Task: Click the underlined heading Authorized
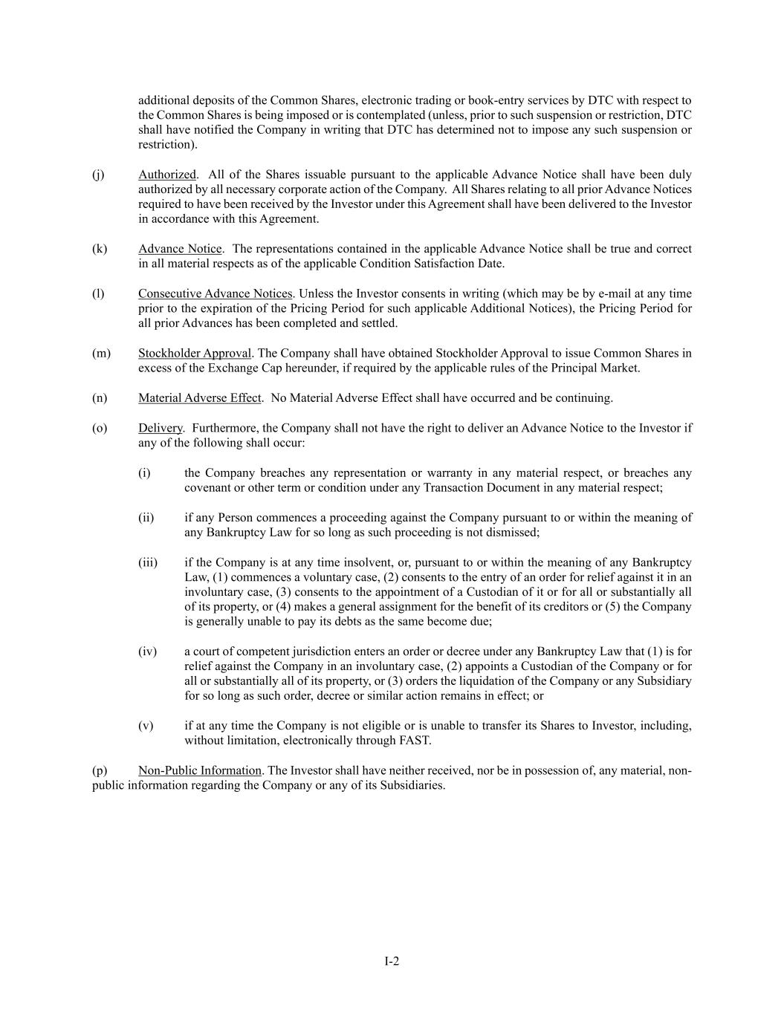tap(167, 175)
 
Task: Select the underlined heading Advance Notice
tap(180, 249)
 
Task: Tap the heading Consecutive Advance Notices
tap(215, 293)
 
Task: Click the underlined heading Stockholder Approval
tap(195, 353)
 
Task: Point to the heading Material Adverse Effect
tap(199, 397)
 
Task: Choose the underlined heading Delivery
tap(160, 428)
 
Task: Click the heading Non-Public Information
tap(199, 770)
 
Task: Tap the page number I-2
tap(392, 961)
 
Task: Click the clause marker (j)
tap(98, 175)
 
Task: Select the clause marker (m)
tap(100, 353)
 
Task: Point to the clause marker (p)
tap(100, 770)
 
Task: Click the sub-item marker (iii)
tap(148, 562)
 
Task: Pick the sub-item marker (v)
tap(146, 726)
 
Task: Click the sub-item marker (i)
tap(144, 473)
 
